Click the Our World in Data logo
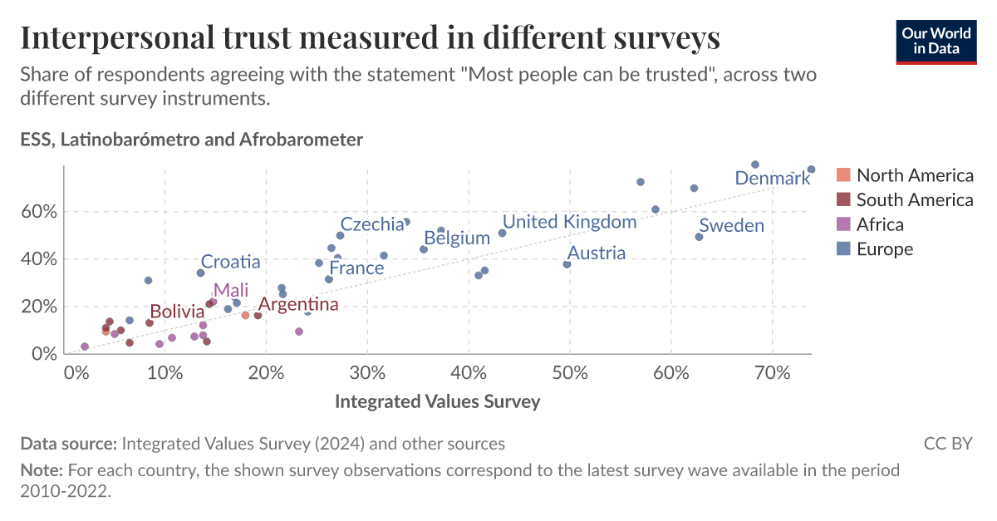tap(935, 39)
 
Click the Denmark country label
tap(772, 178)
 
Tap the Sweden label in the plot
tap(731, 225)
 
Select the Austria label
tap(596, 253)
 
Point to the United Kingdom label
tap(569, 221)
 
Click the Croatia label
tap(230, 262)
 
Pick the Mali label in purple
tap(230, 290)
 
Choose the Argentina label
tap(297, 304)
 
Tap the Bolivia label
tap(177, 312)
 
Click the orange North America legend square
tap(843, 175)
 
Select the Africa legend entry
tap(880, 224)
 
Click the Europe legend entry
tap(884, 248)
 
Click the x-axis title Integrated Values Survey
tap(437, 401)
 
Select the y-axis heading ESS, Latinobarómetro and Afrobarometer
tap(192, 140)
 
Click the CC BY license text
tap(947, 444)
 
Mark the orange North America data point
tap(245, 315)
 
